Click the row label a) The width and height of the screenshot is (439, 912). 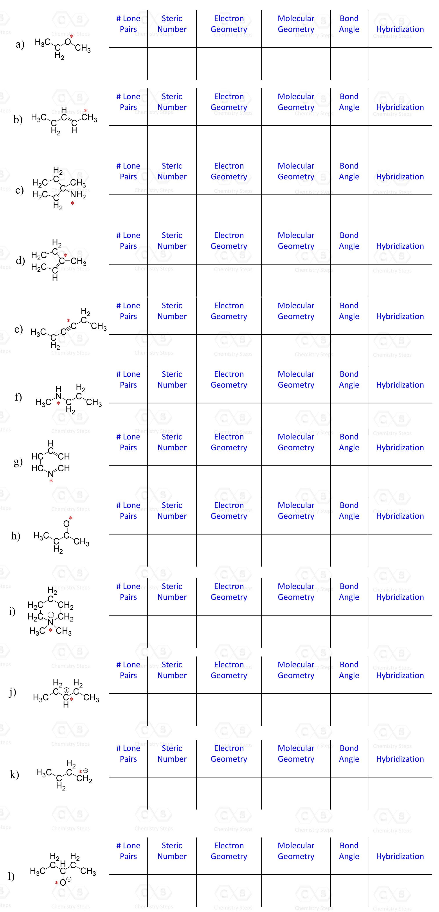[x=20, y=44]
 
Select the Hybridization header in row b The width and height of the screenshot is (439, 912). [x=400, y=107]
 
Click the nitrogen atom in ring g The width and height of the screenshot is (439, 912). [x=51, y=474]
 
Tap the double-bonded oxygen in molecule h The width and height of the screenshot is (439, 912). [x=66, y=524]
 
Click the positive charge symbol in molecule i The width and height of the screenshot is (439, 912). [x=51, y=615]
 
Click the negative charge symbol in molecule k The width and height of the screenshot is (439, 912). [x=86, y=771]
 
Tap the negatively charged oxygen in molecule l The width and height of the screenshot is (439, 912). [x=63, y=882]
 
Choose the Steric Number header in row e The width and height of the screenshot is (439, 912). [x=172, y=311]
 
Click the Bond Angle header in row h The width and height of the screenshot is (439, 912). [x=349, y=511]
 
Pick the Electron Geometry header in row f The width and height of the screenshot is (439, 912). [x=229, y=380]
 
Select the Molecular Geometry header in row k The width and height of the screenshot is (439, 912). [x=296, y=753]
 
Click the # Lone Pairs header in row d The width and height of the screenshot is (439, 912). [x=128, y=241]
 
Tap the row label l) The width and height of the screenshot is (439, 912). [x=11, y=876]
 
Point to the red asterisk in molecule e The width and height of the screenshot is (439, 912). [x=69, y=321]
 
